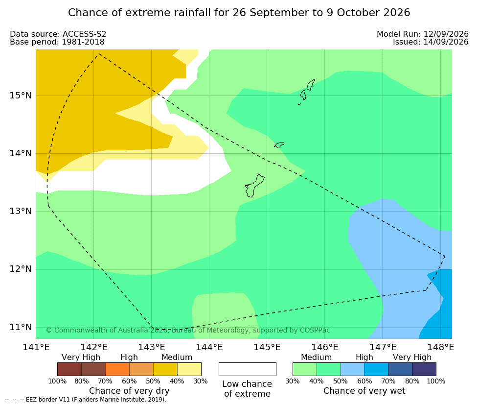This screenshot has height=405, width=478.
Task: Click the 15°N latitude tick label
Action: (21, 95)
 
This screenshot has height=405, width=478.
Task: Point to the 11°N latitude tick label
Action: (21, 327)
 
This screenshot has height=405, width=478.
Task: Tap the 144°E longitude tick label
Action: (209, 347)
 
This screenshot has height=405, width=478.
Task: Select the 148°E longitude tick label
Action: (440, 347)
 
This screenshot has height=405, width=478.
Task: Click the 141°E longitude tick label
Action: (36, 347)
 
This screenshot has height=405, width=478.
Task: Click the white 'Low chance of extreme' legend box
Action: (248, 369)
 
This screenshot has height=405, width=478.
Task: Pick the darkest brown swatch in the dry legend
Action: (69, 369)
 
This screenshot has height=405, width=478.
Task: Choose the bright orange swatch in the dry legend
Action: (117, 369)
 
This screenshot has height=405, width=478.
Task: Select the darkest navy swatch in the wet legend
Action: (424, 369)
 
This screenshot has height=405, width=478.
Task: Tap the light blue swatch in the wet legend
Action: (352, 369)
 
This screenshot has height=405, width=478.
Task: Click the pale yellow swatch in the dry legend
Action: (189, 369)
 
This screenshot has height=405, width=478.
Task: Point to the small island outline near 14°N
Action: (279, 144)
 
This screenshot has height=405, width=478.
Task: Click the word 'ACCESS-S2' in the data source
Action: (85, 34)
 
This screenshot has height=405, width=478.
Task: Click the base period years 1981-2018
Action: (83, 42)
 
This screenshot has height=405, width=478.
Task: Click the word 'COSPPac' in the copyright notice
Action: (315, 330)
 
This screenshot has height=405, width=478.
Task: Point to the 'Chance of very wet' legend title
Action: (364, 391)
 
